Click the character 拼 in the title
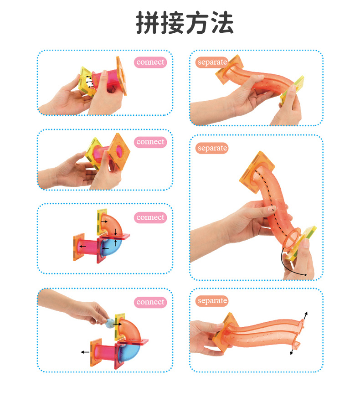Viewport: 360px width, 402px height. coord(148,23)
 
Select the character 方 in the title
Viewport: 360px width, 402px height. coord(197,23)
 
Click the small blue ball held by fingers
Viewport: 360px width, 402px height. coord(110,323)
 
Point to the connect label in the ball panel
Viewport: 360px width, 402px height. coord(150,302)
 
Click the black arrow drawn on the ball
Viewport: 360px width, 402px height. coord(117,325)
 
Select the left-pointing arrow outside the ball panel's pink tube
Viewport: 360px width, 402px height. coord(85,352)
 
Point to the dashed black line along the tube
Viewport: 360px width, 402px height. coord(272,202)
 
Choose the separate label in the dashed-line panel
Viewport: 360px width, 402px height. coord(212,148)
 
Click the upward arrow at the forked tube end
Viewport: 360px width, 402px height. coord(304,316)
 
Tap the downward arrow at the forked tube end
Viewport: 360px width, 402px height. coord(292,351)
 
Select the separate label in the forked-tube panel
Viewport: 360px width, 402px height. coord(212,300)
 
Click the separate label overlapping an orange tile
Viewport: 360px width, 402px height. coord(212,62)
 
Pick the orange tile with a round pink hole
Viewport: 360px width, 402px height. coord(118,151)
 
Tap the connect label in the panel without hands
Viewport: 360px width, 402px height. coord(150,217)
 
